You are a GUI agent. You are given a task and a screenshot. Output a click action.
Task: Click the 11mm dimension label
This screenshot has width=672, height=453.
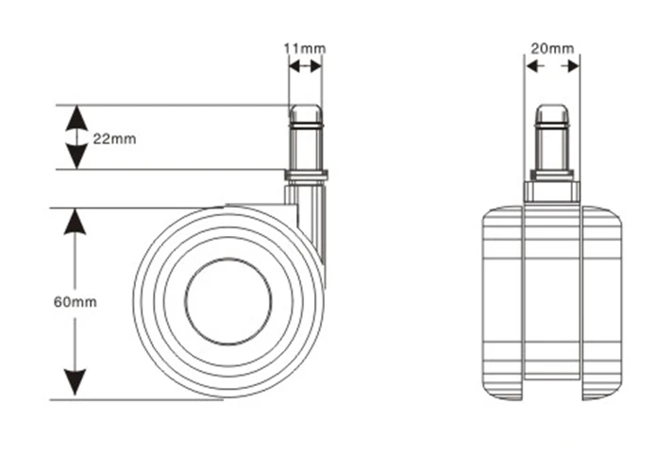(x=305, y=48)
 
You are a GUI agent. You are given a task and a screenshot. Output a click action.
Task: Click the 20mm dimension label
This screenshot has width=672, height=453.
(x=552, y=48)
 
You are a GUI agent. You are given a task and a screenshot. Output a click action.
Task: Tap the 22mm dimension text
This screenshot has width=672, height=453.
(x=114, y=139)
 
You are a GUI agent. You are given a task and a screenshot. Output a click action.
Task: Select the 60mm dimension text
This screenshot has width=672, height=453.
(x=75, y=302)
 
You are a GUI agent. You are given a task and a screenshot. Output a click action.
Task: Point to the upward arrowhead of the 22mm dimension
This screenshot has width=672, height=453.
(x=76, y=118)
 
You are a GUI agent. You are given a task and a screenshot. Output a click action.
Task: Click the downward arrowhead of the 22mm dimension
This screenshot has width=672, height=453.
(x=76, y=157)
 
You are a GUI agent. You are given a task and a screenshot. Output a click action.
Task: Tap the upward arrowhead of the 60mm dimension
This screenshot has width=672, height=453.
(x=75, y=222)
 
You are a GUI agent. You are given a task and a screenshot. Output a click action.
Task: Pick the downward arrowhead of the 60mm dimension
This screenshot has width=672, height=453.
(x=75, y=382)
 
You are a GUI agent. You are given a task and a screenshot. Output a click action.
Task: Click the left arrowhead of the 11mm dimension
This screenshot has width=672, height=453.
(x=294, y=66)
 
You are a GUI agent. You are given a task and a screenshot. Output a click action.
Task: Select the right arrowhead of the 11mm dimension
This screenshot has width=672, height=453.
(x=316, y=66)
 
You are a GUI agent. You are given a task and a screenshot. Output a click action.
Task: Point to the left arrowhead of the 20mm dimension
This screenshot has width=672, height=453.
(x=532, y=66)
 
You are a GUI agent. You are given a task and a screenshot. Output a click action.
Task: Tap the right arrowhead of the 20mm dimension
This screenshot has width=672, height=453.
(x=573, y=66)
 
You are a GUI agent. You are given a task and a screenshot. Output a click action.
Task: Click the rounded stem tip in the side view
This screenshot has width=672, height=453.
(x=305, y=113)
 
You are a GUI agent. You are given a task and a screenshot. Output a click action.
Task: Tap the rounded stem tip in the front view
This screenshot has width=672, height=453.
(x=552, y=113)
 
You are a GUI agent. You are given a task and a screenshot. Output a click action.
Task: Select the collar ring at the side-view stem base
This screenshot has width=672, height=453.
(x=306, y=175)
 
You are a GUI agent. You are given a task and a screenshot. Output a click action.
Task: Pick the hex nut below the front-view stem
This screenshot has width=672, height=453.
(x=552, y=192)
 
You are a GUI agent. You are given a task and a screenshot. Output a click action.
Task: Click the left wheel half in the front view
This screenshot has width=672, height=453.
(x=502, y=303)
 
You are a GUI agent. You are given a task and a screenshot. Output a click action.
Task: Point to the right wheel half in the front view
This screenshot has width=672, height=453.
(x=602, y=303)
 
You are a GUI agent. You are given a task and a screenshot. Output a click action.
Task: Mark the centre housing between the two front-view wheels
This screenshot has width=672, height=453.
(x=552, y=292)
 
